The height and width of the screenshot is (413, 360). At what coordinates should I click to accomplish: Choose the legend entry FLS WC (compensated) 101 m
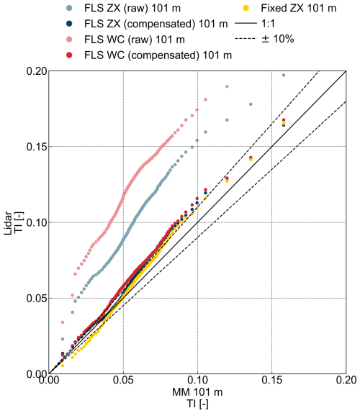[x=148, y=55]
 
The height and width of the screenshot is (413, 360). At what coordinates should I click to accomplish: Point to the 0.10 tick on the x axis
[x=197, y=385]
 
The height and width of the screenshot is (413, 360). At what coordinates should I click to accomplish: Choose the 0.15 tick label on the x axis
[x=272, y=385]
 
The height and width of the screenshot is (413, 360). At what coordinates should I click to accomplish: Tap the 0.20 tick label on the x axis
[x=346, y=385]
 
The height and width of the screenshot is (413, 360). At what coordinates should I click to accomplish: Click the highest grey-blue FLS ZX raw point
[x=284, y=75]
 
